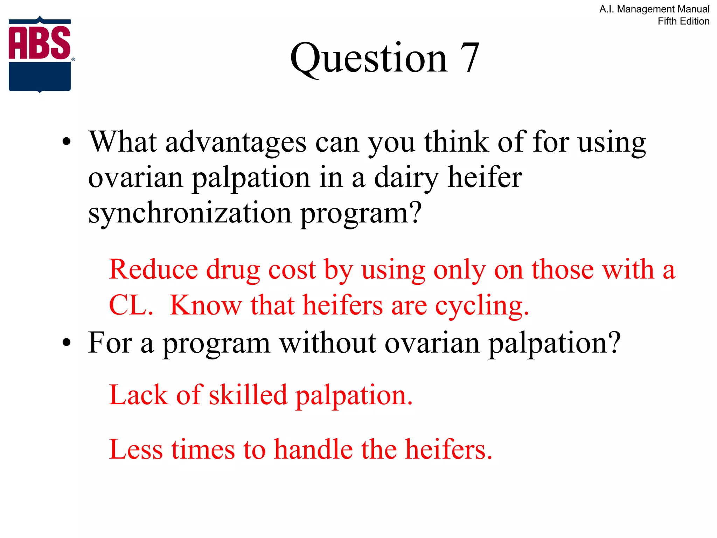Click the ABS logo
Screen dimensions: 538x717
[40, 54]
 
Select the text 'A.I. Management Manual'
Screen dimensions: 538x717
[654, 9]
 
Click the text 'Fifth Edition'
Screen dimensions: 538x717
[683, 21]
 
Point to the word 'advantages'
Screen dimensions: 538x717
[236, 143]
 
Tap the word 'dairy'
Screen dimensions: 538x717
[406, 178]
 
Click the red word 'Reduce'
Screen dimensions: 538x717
[153, 270]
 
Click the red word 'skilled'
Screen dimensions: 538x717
[248, 395]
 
